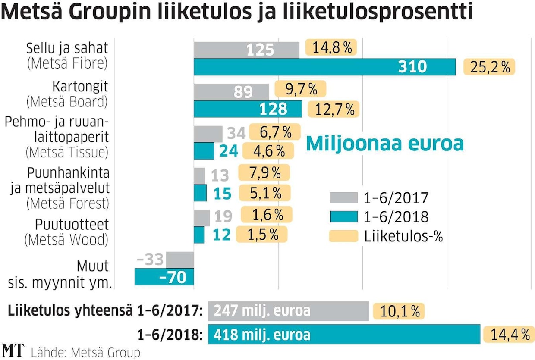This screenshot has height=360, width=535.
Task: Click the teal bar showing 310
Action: coord(324,67)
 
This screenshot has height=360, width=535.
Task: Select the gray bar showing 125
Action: coord(246,50)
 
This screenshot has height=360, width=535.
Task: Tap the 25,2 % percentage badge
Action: coord(489,67)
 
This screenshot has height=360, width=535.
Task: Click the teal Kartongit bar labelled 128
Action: coord(248,109)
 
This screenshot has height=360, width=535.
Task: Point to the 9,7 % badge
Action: coord(300,89)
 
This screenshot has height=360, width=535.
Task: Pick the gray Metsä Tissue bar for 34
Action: coord(208,134)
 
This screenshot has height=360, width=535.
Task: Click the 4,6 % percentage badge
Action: coord(268,151)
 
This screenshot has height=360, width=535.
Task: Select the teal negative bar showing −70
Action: coord(164,277)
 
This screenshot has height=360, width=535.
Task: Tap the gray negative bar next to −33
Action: coord(180,260)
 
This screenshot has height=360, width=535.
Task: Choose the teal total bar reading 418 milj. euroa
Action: coord(344,335)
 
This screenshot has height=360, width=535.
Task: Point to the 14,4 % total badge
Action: coord(507,335)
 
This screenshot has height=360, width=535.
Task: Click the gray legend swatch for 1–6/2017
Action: coord(344,198)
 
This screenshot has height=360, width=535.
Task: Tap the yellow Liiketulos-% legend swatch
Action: coord(344,236)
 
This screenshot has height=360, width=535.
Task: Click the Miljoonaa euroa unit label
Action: coord(384,143)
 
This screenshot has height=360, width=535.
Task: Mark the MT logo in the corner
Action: coord(13,350)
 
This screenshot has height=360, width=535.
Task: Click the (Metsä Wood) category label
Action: coord(67,240)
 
